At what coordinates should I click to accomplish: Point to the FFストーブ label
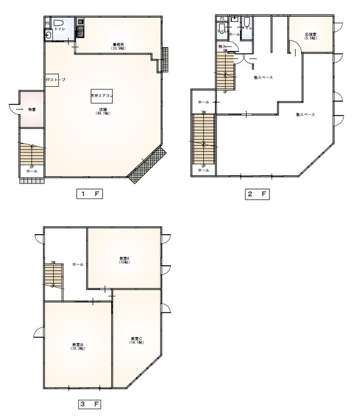tap(55, 81)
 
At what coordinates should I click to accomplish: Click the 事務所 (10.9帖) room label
tap(118, 46)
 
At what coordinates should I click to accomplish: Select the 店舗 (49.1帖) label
tap(102, 111)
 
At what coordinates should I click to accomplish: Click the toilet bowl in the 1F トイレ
tap(58, 24)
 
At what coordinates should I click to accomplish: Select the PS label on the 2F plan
tap(222, 19)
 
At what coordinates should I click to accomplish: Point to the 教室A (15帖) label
tap(124, 260)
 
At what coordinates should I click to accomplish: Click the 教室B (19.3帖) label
tap(77, 346)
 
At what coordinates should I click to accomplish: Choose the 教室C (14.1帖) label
tap(137, 340)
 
